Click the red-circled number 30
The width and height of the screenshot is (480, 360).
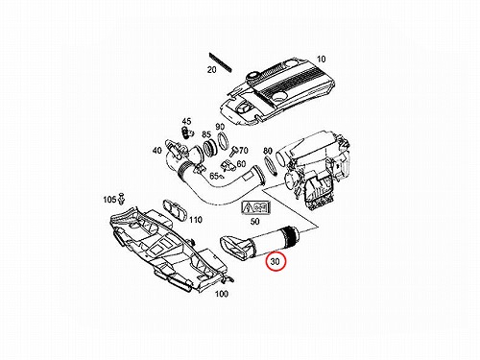(275, 261)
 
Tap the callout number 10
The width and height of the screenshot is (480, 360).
(321, 60)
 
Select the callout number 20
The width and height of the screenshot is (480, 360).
(212, 69)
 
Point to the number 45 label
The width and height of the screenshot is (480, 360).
(186, 121)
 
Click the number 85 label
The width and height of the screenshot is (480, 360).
(206, 134)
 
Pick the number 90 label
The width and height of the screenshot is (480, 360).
(220, 127)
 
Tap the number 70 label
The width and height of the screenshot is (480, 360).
(244, 150)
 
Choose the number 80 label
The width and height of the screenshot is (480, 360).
(268, 151)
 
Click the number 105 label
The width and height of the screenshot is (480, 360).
(109, 200)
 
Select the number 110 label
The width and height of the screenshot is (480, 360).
(196, 220)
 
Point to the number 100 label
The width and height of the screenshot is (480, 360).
(221, 294)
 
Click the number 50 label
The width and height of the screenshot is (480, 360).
(254, 221)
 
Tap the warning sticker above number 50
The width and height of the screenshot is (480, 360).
(256, 208)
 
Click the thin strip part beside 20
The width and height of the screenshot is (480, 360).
(221, 62)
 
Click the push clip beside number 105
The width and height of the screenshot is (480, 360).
(121, 199)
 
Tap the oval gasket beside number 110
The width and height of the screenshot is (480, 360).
(175, 210)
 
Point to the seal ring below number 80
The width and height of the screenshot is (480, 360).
(270, 166)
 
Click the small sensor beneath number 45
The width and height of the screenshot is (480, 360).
(186, 132)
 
